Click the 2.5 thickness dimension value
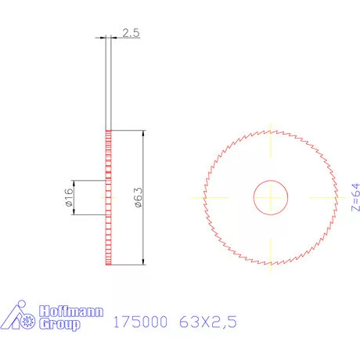pyautogui.click(x=130, y=33)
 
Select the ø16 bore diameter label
pyautogui.click(x=68, y=197)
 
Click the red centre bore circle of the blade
pyautogui.click(x=271, y=197)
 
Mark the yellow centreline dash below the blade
pyautogui.click(x=271, y=255)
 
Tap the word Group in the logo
pyautogui.click(x=59, y=323)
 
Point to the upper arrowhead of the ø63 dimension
pyautogui.click(x=143, y=134)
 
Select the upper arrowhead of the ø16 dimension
pyautogui.click(x=74, y=183)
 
